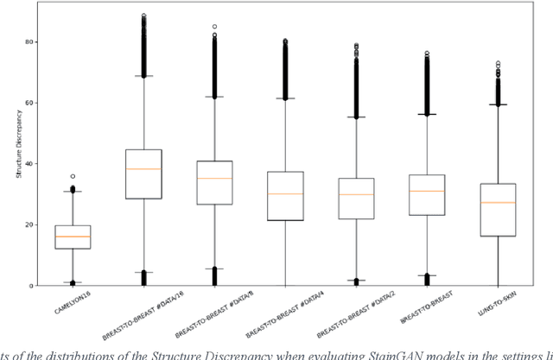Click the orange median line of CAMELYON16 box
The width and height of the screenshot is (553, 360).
click(x=73, y=237)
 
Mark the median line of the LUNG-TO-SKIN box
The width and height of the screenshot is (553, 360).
click(x=498, y=202)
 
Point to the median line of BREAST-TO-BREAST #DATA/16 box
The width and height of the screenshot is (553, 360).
click(x=143, y=168)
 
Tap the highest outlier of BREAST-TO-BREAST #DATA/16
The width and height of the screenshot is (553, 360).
click(x=143, y=16)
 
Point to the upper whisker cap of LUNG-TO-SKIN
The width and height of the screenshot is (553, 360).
click(x=498, y=104)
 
